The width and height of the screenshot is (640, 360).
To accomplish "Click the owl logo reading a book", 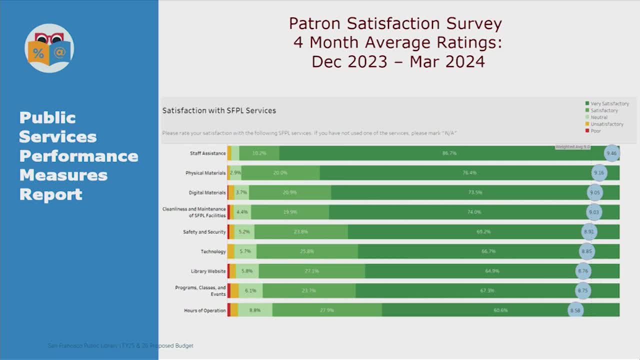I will (49, 48).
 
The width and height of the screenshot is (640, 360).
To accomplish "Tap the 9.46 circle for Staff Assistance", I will (611, 153).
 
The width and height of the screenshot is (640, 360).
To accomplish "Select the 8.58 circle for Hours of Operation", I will (575, 310).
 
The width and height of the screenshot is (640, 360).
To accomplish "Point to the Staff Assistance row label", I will (207, 153).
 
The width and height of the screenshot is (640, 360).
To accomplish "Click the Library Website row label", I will (208, 271).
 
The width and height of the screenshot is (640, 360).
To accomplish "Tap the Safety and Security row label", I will (204, 232).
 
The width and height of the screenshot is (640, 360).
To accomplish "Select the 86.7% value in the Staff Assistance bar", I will (449, 153).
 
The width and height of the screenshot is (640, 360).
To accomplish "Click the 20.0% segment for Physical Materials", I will (280, 173).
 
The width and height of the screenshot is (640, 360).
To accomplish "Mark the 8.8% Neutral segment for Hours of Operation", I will (255, 310).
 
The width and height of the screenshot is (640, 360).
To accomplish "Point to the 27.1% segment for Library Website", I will (311, 271).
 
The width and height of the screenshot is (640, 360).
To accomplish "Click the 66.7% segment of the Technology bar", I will (488, 251).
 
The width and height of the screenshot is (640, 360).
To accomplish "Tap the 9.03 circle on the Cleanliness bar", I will (593, 212).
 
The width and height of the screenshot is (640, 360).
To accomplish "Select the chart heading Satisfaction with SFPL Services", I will (219, 110).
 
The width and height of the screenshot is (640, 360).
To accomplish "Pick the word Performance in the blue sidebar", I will (78, 156).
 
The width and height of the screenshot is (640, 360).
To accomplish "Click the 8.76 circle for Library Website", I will (583, 271).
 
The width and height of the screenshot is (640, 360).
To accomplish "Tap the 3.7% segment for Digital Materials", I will (241, 192).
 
